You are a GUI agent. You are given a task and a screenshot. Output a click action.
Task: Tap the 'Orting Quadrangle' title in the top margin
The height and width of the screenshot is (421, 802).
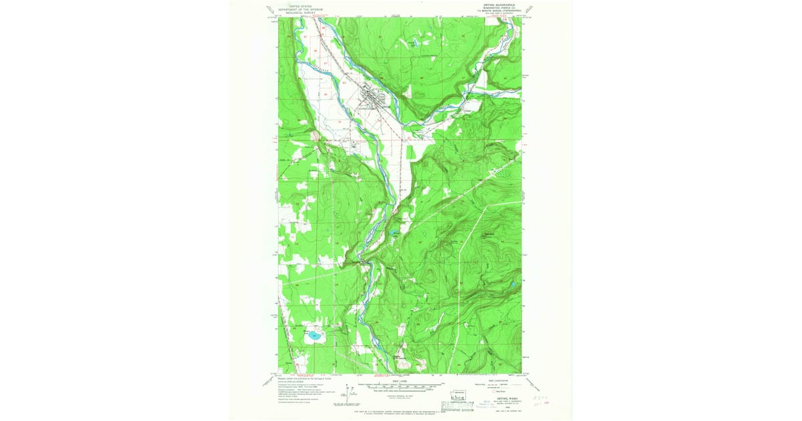click(498, 5)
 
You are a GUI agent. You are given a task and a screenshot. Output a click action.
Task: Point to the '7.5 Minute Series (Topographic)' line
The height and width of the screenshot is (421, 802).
click(499, 11)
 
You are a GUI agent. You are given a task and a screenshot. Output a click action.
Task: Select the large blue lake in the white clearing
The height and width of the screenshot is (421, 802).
click(312, 336)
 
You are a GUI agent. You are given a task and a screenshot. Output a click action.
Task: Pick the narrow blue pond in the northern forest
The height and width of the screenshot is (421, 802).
click(414, 43)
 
